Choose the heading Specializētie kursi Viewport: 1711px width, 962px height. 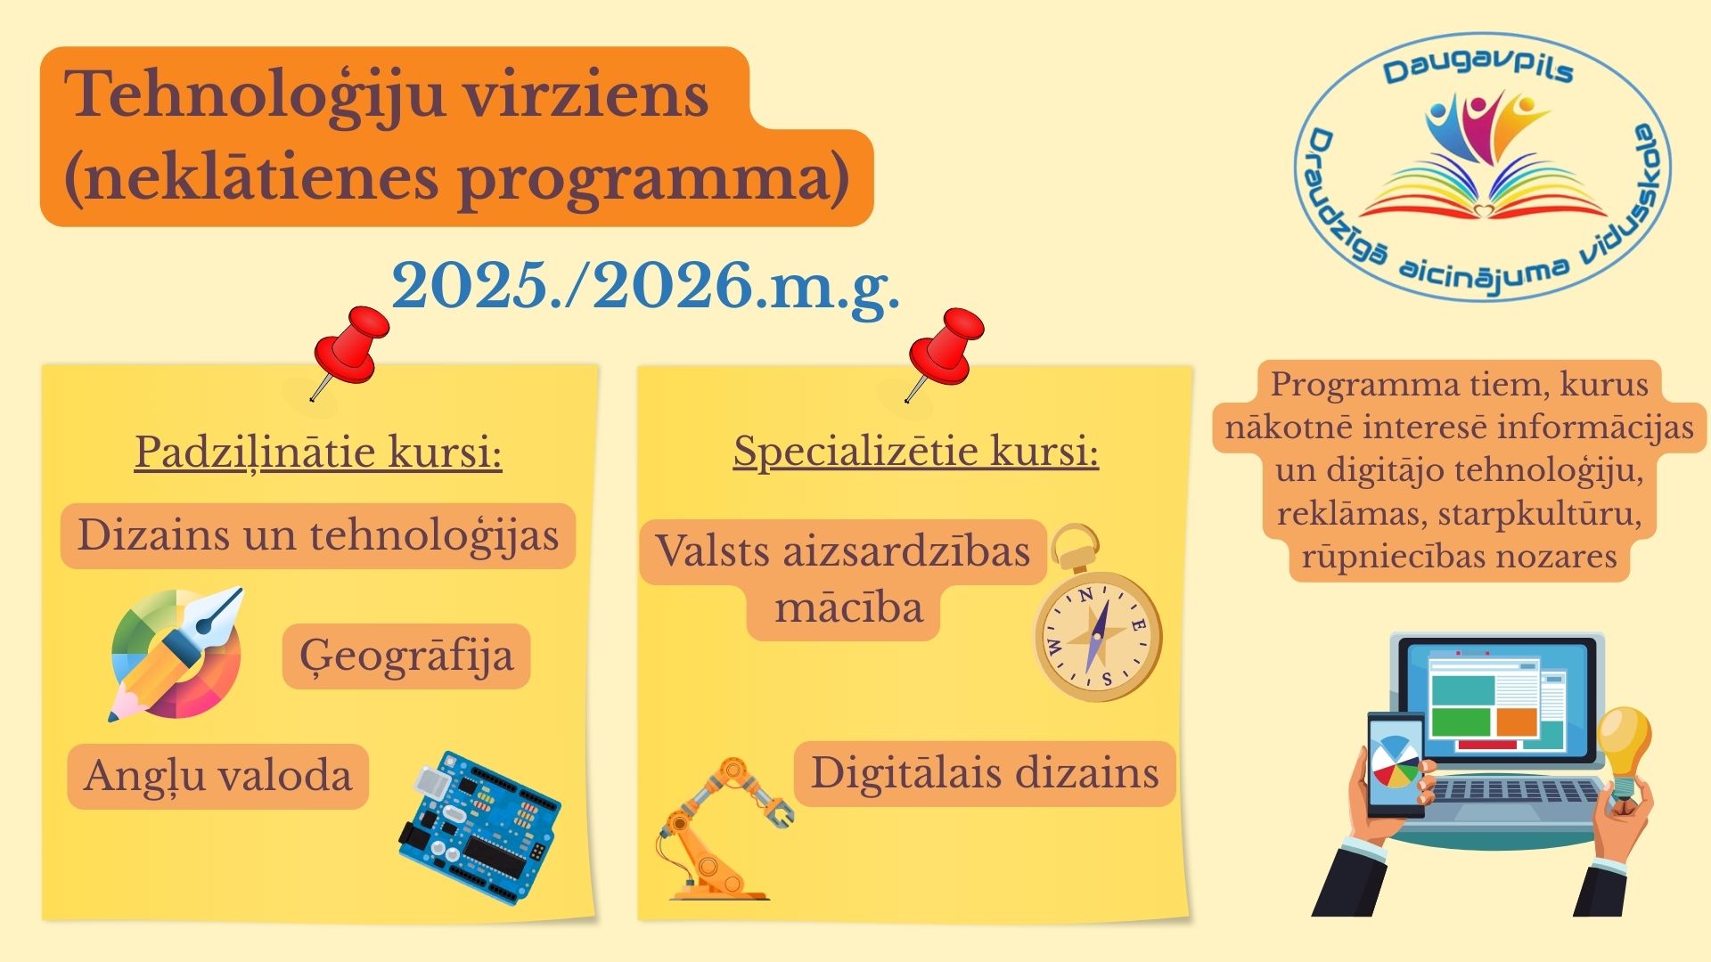point(916,452)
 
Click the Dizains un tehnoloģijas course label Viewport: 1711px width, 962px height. point(318,536)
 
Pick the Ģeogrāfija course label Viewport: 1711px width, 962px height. point(406,656)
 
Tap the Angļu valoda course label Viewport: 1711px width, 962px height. point(218,776)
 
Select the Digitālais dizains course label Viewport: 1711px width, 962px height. point(985,772)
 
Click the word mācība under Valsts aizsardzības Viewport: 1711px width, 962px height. point(848,608)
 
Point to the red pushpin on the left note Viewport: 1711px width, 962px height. point(348,348)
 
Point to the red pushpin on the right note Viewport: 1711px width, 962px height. point(944,350)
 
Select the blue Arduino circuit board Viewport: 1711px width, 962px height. point(479,827)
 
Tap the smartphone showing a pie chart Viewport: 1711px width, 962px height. point(1396,764)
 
